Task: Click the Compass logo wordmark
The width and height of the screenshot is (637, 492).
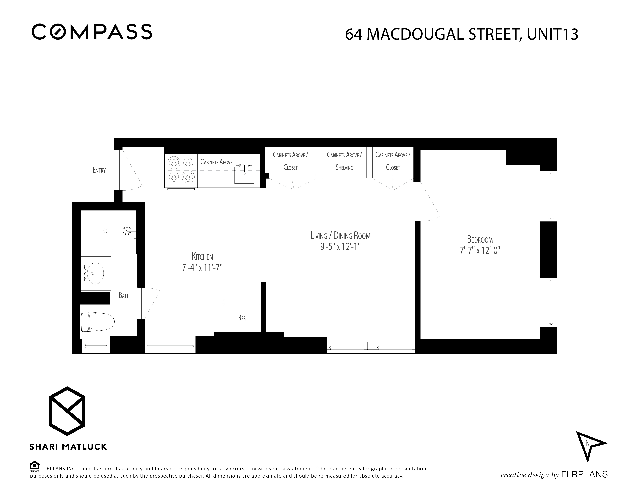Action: tap(92, 31)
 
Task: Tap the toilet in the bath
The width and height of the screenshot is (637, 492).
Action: tap(98, 322)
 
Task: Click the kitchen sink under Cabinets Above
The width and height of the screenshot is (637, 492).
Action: tap(244, 175)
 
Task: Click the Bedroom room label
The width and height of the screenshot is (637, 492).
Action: tap(480, 239)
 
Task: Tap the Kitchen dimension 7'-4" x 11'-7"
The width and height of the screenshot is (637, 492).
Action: tap(202, 267)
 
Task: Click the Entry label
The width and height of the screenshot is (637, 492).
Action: tap(99, 170)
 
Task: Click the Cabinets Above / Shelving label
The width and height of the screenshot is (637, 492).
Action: tap(344, 161)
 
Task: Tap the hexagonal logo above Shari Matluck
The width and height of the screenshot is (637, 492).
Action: tap(67, 411)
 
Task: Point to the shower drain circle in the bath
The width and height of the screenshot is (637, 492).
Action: tap(105, 231)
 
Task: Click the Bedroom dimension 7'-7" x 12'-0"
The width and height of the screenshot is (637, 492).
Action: tap(480, 250)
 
